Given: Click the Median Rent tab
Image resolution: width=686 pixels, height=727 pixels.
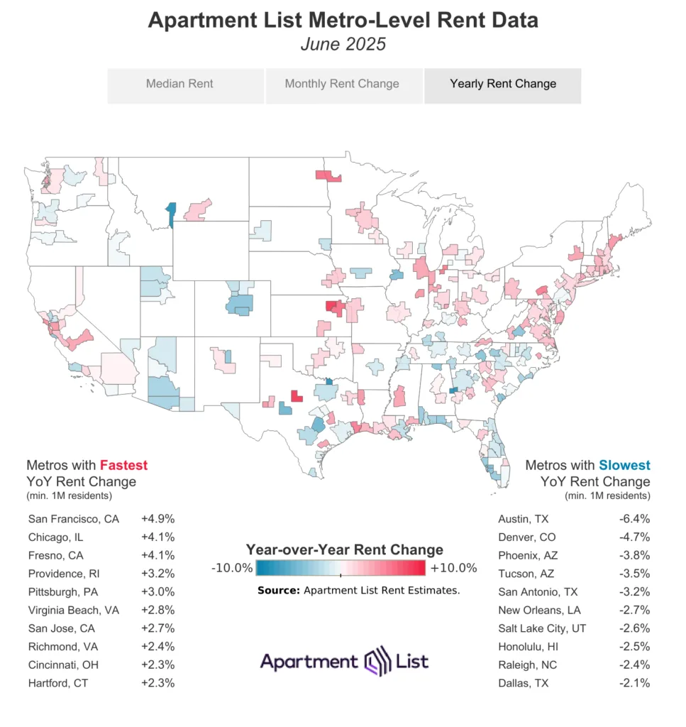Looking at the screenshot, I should [x=179, y=84].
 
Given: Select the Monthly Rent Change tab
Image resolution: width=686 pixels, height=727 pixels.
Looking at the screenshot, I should [x=342, y=84].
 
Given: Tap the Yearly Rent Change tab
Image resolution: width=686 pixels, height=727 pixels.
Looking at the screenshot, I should [x=503, y=84].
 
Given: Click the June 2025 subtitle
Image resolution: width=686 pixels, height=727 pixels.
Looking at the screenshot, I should [x=343, y=43].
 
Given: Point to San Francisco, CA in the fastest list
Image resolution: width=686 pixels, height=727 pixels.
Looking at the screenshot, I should [x=74, y=519].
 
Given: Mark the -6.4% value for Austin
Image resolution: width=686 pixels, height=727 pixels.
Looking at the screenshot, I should [x=634, y=519].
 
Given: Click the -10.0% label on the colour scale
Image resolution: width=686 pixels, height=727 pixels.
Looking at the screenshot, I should [x=232, y=568].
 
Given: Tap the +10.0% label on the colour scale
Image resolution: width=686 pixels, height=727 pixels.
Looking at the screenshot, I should [x=454, y=568].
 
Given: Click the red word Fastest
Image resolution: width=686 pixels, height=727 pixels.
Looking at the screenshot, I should [x=124, y=466].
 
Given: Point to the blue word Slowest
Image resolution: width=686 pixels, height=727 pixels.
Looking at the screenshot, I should [x=624, y=466].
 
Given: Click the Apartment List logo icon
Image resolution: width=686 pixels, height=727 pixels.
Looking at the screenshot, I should [x=374, y=662].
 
